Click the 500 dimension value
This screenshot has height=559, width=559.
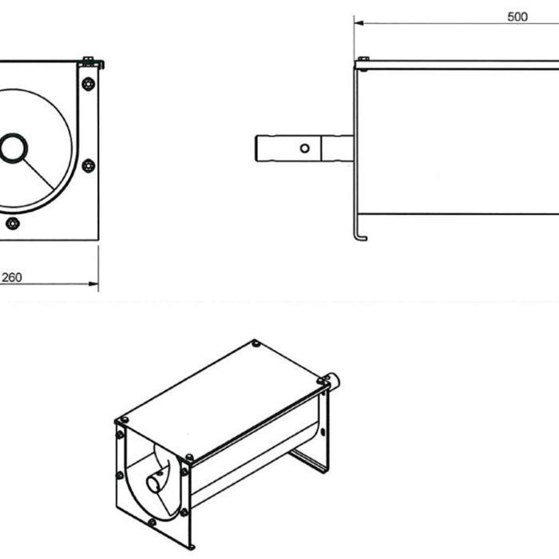(x=517, y=17)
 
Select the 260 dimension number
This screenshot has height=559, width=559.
(x=12, y=278)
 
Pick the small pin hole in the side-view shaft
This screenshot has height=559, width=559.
(x=303, y=148)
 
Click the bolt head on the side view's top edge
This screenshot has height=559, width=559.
(x=363, y=59)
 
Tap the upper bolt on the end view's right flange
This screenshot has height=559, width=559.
(x=89, y=83)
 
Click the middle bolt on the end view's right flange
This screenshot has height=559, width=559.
(x=89, y=165)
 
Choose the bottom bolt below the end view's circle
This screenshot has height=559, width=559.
(x=12, y=223)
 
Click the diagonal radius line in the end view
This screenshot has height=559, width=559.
(x=40, y=175)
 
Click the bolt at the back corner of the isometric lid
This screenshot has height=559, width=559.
(x=256, y=343)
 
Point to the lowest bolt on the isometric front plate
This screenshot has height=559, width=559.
(x=152, y=522)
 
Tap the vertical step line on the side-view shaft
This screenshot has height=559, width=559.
(x=321, y=149)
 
